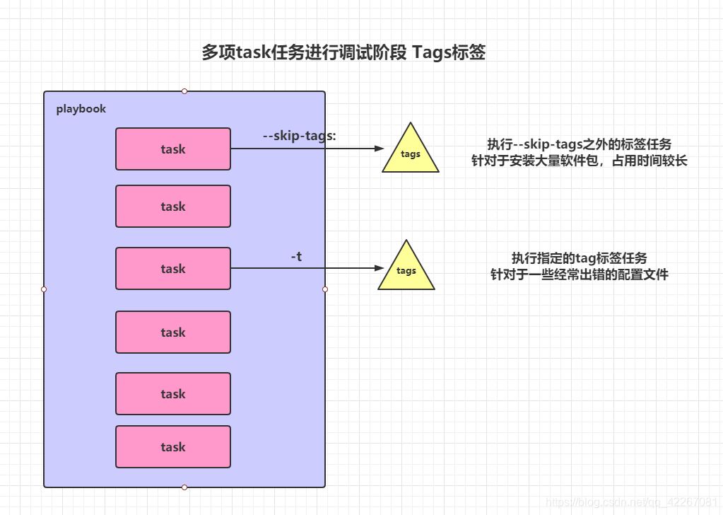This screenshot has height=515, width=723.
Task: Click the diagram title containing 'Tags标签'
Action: click(343, 53)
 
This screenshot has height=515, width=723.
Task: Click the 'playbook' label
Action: click(81, 109)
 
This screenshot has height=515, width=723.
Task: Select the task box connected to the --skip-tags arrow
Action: click(173, 149)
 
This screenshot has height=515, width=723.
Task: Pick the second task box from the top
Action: click(173, 207)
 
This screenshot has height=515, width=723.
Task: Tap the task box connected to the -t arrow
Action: click(173, 269)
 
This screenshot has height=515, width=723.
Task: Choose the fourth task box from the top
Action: click(173, 332)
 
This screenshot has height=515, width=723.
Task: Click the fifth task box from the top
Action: click(173, 394)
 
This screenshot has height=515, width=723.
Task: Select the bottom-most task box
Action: click(173, 447)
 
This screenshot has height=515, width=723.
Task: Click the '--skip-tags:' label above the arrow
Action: click(299, 136)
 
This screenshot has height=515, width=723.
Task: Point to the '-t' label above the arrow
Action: click(296, 257)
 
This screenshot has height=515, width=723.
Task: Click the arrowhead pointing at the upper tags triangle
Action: click(379, 149)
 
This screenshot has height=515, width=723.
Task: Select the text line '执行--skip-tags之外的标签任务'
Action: click(580, 144)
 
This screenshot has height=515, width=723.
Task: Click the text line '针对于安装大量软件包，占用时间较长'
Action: click(580, 161)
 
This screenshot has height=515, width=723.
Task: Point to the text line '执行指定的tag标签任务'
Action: click(580, 258)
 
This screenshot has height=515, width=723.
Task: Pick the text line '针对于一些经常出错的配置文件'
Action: click(580, 274)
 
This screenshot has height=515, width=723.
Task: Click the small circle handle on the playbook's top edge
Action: click(184, 91)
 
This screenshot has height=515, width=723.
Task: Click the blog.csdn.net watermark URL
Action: click(633, 502)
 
